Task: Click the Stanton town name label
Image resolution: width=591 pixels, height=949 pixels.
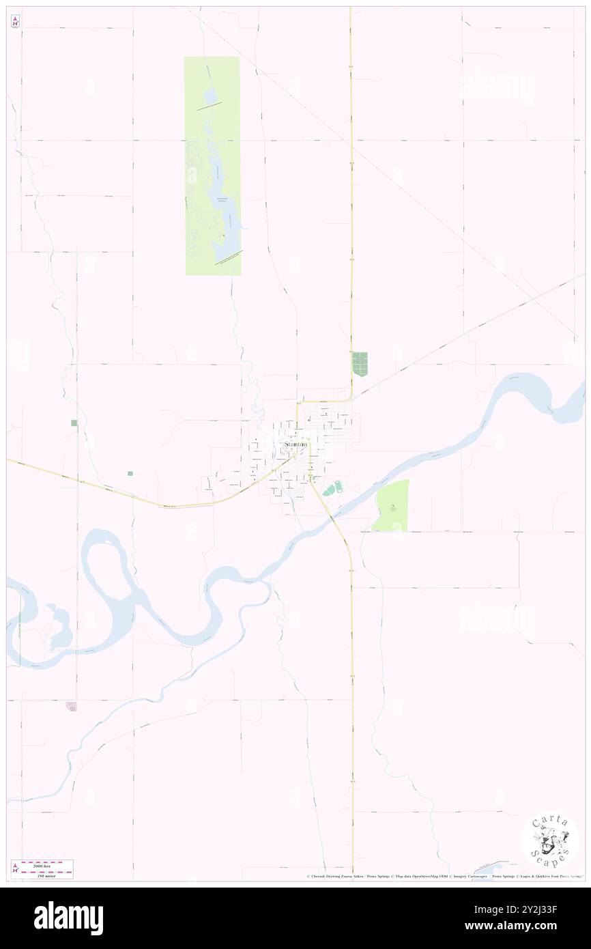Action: (x=295, y=444)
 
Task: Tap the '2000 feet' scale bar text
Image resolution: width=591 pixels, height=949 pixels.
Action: (x=47, y=864)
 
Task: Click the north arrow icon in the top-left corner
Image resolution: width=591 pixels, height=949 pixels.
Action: (x=15, y=20)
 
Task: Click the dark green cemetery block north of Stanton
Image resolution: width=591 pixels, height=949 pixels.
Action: (x=360, y=363)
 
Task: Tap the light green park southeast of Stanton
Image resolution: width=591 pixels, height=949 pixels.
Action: (x=392, y=505)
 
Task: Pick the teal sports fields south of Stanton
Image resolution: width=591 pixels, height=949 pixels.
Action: (x=332, y=489)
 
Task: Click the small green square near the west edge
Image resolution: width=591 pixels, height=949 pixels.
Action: (x=74, y=423)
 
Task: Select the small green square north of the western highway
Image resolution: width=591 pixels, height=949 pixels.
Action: (x=129, y=472)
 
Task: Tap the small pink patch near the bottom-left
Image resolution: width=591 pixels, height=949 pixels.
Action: (x=72, y=706)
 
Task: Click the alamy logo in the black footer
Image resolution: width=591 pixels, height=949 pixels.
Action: (x=68, y=918)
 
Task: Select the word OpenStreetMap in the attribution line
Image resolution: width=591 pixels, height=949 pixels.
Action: (x=424, y=876)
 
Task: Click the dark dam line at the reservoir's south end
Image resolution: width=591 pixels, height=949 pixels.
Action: (x=228, y=257)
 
